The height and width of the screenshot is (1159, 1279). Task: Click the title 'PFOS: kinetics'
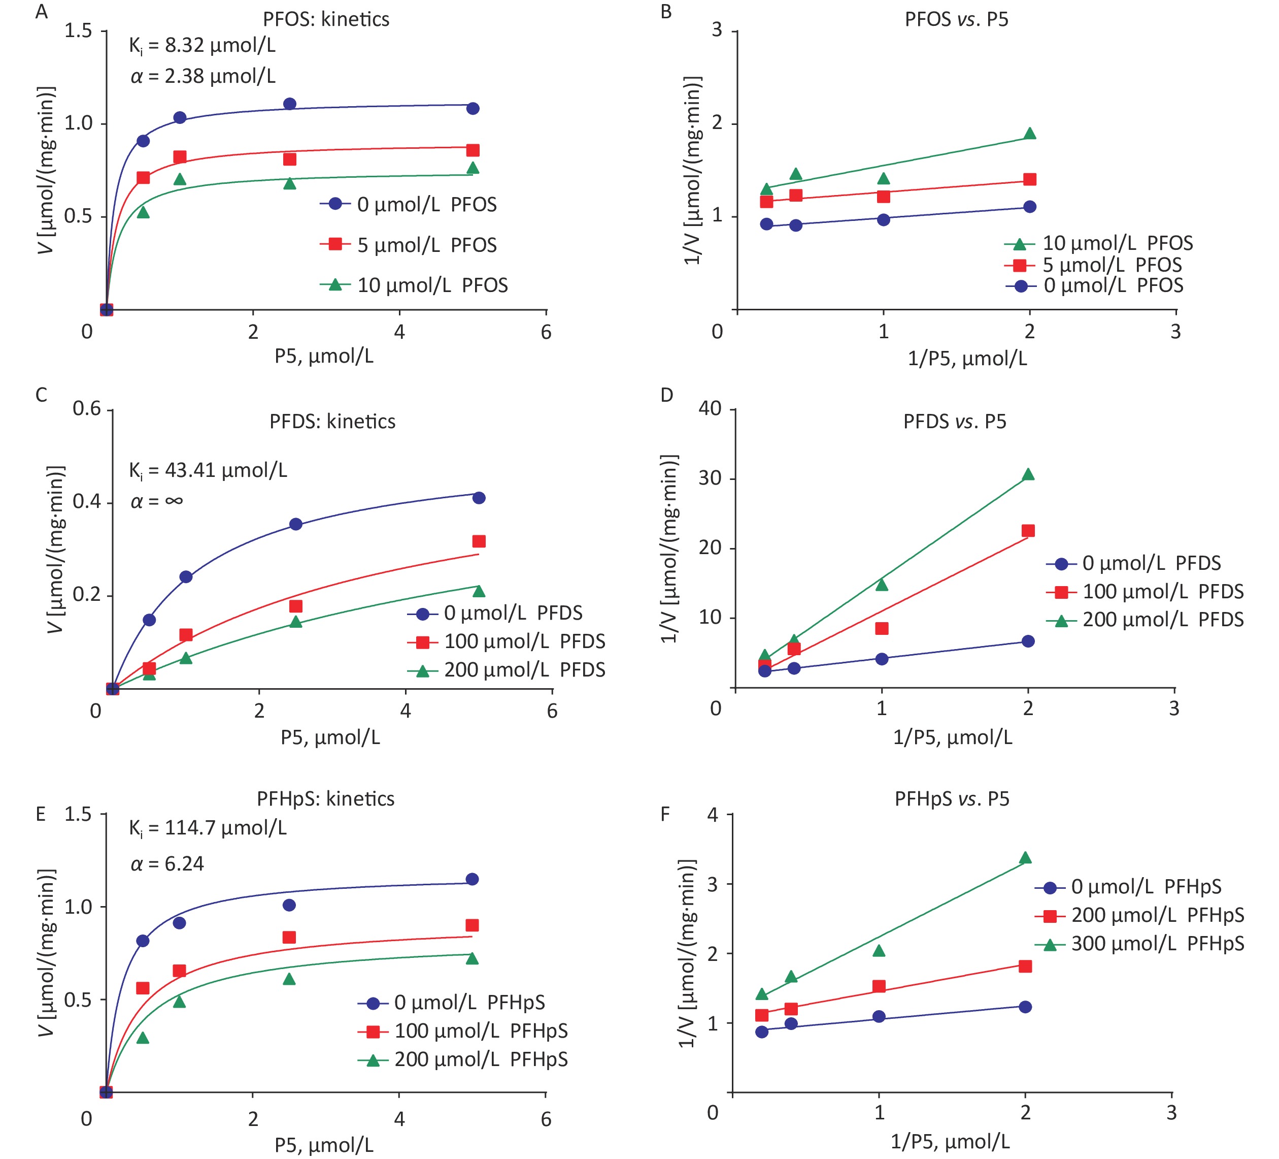point(326,19)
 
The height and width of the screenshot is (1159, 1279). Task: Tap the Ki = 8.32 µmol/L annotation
point(203,46)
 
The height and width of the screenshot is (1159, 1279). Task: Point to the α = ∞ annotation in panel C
point(157,501)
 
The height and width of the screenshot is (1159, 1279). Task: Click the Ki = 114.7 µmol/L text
point(208,828)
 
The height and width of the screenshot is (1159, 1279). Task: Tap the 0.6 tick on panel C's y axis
point(87,408)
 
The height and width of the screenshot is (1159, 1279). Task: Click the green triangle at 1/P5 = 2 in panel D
point(1028,475)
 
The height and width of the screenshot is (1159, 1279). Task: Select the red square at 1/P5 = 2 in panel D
point(1028,531)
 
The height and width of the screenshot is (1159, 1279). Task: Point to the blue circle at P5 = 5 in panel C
point(479,498)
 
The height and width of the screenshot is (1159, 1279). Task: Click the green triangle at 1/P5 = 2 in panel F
point(1025,859)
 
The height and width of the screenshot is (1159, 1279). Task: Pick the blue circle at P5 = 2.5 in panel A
point(289,104)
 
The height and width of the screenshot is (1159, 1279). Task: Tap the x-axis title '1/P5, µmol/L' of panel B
point(967,359)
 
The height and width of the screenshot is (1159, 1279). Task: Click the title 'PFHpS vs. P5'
point(952,798)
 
